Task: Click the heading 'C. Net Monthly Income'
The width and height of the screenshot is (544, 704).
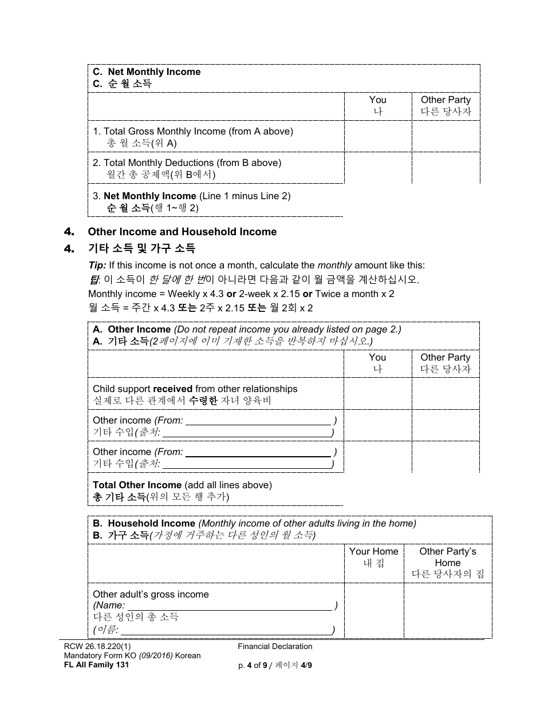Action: [147, 72]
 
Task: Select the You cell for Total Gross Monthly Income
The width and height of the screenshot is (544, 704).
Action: [377, 137]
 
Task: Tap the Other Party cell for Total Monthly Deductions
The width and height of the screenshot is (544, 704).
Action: [446, 168]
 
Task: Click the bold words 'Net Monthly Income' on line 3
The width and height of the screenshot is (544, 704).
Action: [150, 196]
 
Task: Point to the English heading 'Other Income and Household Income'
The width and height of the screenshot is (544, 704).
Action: [182, 232]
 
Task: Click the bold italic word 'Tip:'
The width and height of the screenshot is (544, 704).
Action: [97, 265]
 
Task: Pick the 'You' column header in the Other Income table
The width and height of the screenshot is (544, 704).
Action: [377, 357]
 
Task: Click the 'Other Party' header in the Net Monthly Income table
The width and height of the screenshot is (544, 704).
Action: [446, 100]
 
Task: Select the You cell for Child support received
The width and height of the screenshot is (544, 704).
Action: [377, 394]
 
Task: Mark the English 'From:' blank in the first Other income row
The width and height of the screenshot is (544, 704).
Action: [259, 421]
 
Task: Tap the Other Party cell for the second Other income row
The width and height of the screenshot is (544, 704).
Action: [446, 457]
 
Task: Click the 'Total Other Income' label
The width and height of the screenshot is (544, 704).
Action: [137, 485]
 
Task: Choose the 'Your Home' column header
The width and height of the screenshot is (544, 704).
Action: [373, 551]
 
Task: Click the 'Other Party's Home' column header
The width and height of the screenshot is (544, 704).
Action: [447, 557]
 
